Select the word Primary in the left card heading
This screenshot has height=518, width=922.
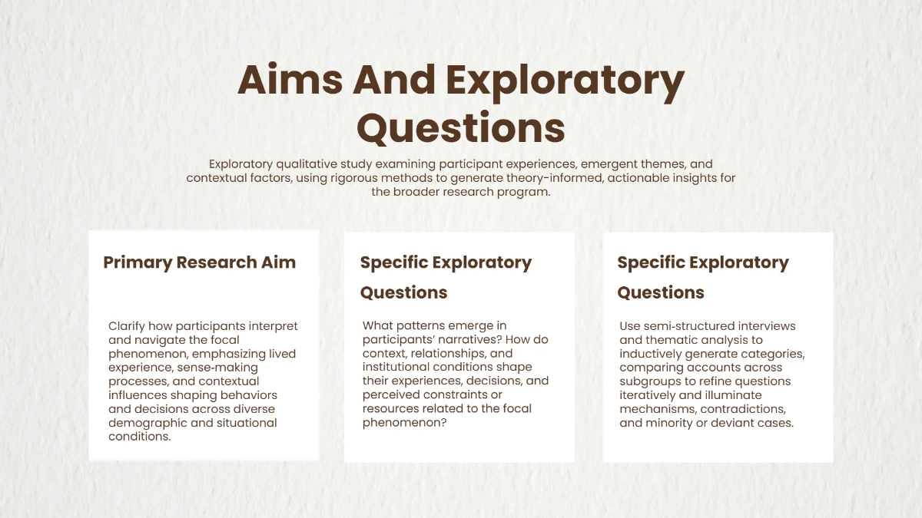pos(138,262)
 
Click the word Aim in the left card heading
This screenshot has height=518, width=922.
pos(278,262)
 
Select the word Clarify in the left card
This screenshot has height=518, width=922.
pos(128,326)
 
